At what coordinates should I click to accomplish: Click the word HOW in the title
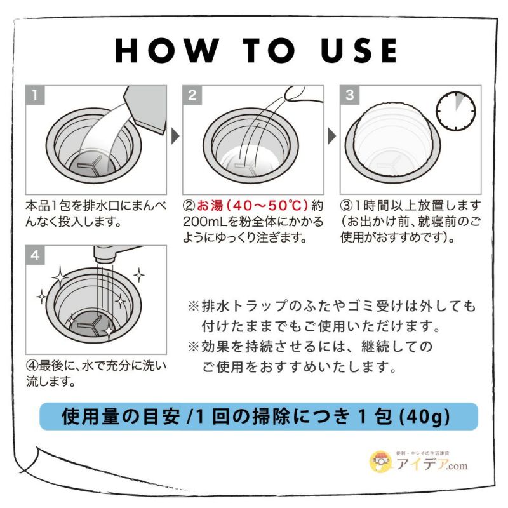(167, 50)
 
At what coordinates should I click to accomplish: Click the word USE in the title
(359, 50)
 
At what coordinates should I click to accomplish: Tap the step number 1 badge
(35, 95)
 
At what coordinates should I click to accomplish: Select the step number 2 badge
(192, 95)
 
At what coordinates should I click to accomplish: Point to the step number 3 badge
(350, 95)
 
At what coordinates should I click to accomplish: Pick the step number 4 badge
(35, 255)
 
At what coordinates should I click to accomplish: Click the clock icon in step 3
(455, 110)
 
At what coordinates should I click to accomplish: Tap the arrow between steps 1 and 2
(175, 136)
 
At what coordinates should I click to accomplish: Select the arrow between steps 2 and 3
(332, 136)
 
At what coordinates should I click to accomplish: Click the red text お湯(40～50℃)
(252, 205)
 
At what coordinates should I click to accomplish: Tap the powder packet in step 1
(146, 109)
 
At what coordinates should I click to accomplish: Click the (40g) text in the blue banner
(425, 417)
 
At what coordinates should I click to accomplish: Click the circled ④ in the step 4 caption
(32, 366)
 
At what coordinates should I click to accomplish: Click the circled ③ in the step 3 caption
(347, 205)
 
